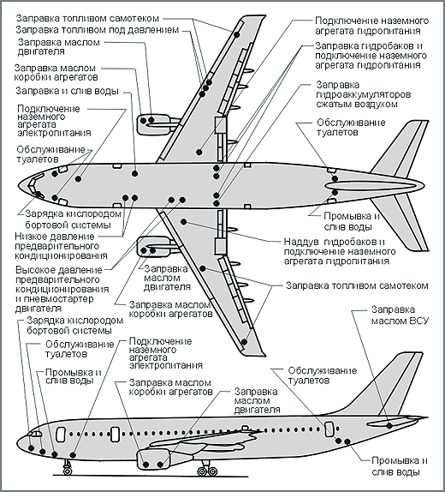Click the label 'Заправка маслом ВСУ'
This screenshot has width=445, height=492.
(400, 315)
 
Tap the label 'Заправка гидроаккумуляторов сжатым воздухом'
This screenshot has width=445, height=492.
(363, 94)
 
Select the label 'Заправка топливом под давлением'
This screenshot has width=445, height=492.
(98, 30)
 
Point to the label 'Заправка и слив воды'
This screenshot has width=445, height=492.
(68, 91)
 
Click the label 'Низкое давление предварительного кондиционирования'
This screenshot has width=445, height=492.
(61, 246)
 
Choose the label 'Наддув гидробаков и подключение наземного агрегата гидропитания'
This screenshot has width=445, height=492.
(340, 251)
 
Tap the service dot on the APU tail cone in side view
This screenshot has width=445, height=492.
(389, 426)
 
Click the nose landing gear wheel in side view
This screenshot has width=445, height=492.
(67, 471)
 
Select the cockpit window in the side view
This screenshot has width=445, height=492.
(35, 434)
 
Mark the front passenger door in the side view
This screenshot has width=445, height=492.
(61, 435)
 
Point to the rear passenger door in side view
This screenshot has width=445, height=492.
(329, 429)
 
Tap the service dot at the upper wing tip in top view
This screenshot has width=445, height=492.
(237, 34)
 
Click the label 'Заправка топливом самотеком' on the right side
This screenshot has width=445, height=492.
(357, 285)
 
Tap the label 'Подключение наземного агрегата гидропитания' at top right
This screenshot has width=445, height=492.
(371, 26)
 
